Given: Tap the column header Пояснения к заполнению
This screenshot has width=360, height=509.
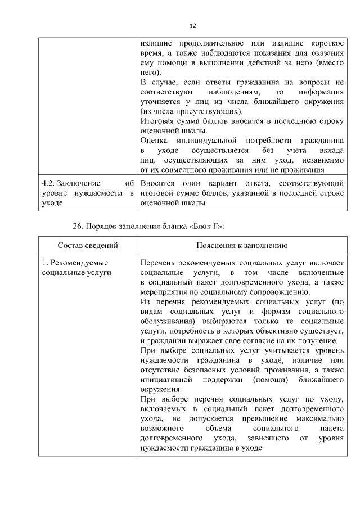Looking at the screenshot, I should click(242, 246).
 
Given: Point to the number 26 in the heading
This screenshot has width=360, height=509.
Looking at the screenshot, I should click(78, 226).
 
